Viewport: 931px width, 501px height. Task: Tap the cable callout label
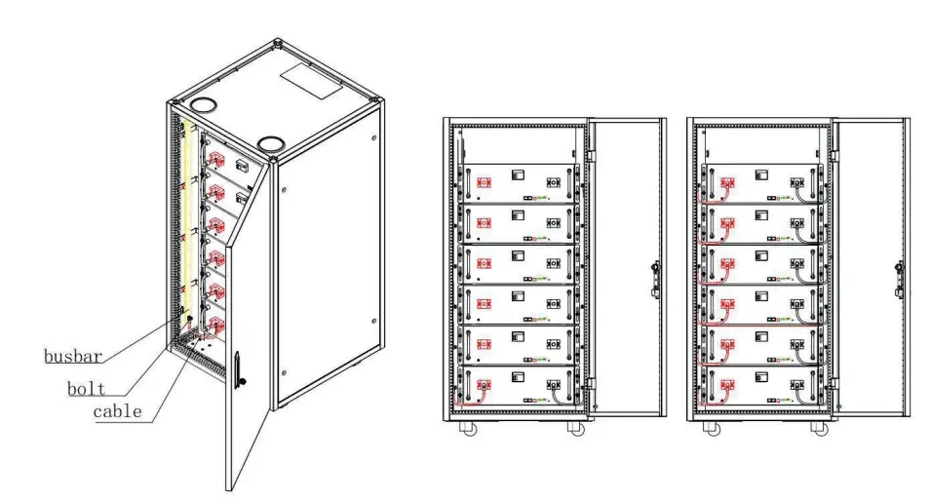(117, 411)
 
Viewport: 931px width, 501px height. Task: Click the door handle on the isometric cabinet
(239, 368)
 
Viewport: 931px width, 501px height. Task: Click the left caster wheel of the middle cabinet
(463, 428)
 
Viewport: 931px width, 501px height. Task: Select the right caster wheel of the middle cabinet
(575, 428)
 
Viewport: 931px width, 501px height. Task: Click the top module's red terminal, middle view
(481, 182)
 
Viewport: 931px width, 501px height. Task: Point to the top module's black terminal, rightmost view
(796, 182)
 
